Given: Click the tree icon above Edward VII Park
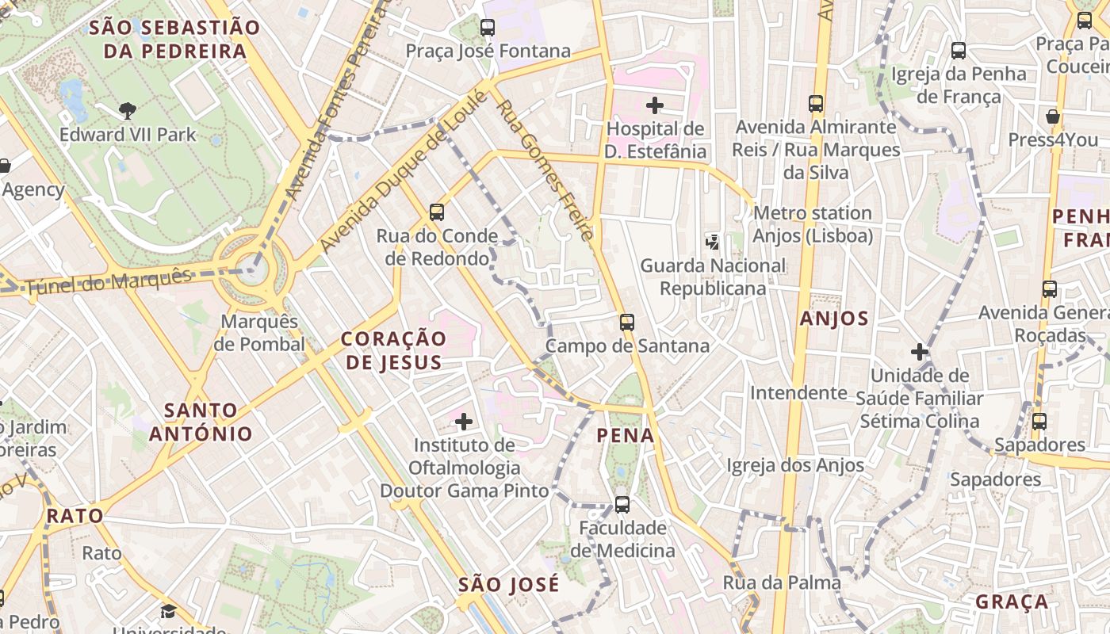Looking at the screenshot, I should coord(127,110).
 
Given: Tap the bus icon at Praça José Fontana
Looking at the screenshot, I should coord(488,28).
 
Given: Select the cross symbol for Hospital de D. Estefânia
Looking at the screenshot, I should coord(655,105).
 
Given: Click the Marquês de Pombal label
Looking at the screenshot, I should coord(259,333).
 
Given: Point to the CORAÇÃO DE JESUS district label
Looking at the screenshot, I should coord(393,350).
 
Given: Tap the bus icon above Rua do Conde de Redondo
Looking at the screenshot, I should coord(437,212).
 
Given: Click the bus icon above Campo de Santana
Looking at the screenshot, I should coord(627,323).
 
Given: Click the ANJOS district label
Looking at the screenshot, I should coord(835,319).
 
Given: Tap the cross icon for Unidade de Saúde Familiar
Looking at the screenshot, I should coord(920,351).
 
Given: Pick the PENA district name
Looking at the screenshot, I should coord(626,435).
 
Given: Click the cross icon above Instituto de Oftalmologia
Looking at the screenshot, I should coord(465,422).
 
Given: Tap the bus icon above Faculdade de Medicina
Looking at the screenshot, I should coord(622,504).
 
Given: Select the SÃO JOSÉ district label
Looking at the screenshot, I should coord(509,585).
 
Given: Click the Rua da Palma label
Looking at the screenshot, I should coord(781,583).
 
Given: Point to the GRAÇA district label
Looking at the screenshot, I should coord(1012,602).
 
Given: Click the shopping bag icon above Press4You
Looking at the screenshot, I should coord(1053,116).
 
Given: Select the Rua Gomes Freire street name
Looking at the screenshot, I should coord(545,170).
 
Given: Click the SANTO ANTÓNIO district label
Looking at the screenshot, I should coord(201,422).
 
